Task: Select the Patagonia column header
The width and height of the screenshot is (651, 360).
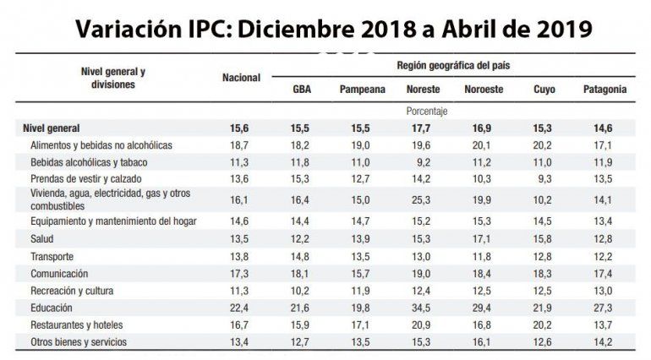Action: point(604,89)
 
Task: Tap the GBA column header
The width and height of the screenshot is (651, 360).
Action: point(300,89)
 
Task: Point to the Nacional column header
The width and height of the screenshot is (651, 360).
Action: point(241,78)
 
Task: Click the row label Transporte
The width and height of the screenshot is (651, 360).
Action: point(53,257)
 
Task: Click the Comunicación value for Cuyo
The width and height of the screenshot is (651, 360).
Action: point(544,274)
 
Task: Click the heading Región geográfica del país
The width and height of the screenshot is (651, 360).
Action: point(453,65)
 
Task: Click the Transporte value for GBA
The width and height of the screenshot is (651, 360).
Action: point(301,257)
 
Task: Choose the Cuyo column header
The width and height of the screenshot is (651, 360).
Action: point(544,89)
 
